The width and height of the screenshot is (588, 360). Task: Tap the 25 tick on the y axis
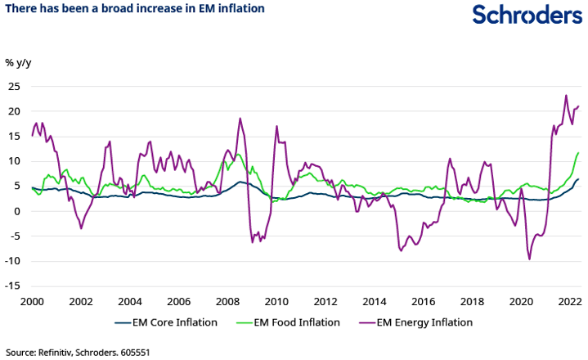pos(13,86)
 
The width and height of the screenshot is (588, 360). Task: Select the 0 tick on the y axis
pos(16,211)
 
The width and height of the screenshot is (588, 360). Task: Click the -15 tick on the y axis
pos(12,286)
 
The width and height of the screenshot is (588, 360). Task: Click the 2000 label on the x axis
pos(32,301)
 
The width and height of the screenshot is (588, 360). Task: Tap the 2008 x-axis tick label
pos(228,301)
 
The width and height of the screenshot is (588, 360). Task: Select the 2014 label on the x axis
pos(375,301)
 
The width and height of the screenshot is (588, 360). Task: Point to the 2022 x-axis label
pos(570,301)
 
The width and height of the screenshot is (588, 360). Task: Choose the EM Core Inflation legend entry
pos(166,322)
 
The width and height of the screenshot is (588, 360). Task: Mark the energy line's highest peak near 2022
pos(566,95)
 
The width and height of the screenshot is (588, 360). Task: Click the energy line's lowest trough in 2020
pos(529,259)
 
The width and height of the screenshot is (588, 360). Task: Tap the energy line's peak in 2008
pos(240,118)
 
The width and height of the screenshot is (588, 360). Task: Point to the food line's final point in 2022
pos(578,153)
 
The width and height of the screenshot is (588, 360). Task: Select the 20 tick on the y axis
pos(13,111)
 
